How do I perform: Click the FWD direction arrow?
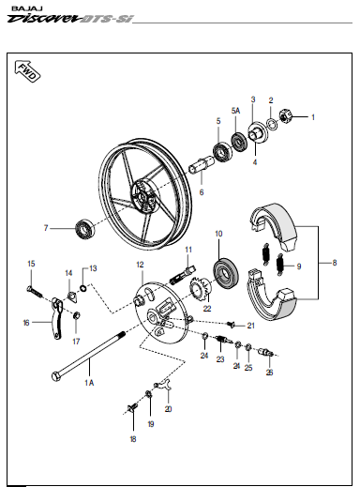coord(27,71)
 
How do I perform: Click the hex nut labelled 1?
coord(286,116)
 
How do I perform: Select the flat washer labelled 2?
coord(272,124)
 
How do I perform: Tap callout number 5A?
coord(236,111)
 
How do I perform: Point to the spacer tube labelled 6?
coord(202,164)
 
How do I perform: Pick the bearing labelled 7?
coord(85,229)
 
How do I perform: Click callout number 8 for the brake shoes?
coord(335,263)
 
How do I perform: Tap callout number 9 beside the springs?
coord(299,266)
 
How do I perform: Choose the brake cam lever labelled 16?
coord(56,318)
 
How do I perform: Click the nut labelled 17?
coord(76,315)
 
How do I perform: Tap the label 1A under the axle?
coord(89,382)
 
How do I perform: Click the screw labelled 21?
coord(231,325)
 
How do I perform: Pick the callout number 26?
coord(269,373)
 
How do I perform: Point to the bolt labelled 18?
coord(133,408)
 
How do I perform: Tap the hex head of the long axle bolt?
coord(56,376)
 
